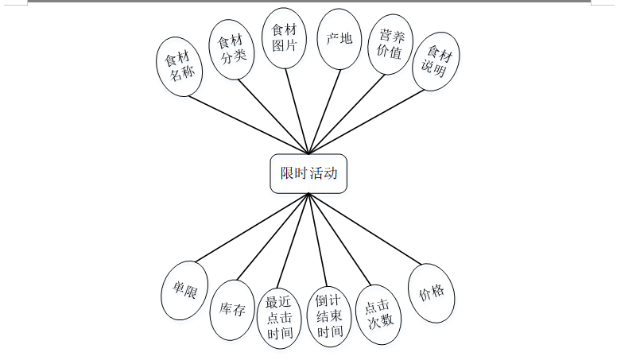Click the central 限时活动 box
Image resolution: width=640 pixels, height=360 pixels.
[308, 173]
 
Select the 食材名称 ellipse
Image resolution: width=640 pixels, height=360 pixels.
[180, 66]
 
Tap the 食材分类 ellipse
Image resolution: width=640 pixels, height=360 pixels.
[231, 49]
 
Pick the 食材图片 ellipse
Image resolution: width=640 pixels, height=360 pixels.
[285, 38]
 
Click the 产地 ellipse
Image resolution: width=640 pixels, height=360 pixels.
[339, 38]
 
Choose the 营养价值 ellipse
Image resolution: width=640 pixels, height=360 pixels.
[390, 45]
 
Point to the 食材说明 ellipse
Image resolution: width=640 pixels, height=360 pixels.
[439, 61]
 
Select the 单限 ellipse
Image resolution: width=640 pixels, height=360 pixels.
[184, 290]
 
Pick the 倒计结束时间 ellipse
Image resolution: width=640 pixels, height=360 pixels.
[329, 315]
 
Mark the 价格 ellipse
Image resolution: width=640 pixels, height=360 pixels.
[431, 293]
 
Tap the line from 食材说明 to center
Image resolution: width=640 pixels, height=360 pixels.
[367, 120]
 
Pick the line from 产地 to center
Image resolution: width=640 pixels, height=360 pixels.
[325, 111]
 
